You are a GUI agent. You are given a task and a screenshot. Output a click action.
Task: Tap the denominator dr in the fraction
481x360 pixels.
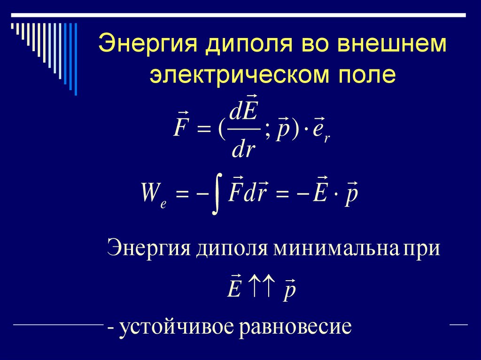(x=243, y=150)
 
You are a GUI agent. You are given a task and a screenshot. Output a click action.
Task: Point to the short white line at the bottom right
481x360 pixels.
(x=458, y=324)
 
